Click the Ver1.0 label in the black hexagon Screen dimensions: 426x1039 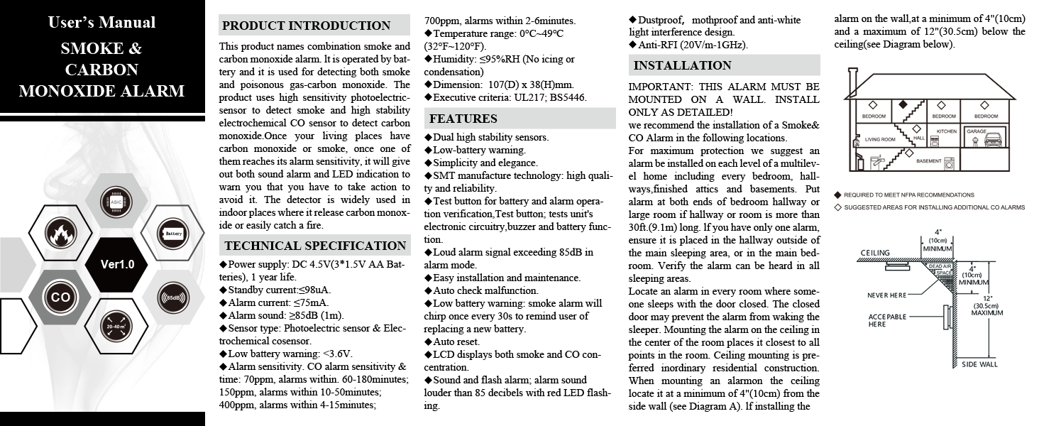[x=117, y=265]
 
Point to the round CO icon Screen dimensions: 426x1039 [x=60, y=297]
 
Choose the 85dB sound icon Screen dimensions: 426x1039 [x=172, y=297]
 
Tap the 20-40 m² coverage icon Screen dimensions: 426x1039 [x=116, y=327]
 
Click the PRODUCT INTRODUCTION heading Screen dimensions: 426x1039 [x=306, y=26]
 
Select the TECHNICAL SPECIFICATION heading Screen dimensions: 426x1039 [x=314, y=246]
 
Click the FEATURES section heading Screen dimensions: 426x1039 [x=463, y=119]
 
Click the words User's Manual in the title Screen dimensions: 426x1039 [x=101, y=22]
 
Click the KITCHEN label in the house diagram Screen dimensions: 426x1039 [x=947, y=131]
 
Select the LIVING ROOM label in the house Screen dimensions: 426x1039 [x=880, y=140]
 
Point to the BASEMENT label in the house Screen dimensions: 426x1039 [x=928, y=161]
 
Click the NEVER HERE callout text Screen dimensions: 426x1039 [x=887, y=295]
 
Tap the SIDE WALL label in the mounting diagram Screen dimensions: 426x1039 [x=979, y=364]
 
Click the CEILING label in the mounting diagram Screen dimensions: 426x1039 [x=875, y=253]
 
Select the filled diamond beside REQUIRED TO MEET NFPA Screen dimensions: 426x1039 [x=838, y=195]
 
